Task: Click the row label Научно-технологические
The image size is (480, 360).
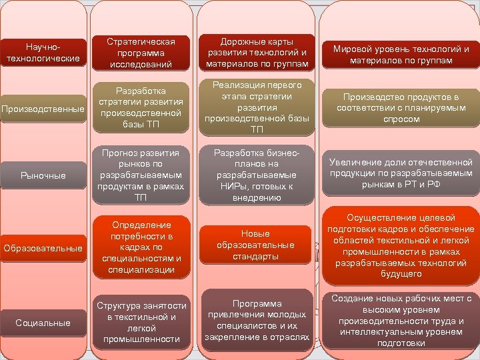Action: (43, 53)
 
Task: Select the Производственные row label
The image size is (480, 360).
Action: (43, 109)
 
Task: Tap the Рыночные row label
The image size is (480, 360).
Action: (43, 175)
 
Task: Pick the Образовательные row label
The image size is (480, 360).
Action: (43, 248)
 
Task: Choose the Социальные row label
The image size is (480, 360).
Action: (43, 323)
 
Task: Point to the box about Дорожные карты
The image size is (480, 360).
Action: (257, 53)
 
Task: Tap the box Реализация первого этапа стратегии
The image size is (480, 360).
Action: (257, 107)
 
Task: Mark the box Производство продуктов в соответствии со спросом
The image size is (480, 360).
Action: (401, 107)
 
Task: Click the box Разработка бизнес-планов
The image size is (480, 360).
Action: (257, 175)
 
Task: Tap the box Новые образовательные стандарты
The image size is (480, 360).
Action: (257, 245)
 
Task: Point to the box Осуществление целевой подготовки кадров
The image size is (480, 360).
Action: (401, 245)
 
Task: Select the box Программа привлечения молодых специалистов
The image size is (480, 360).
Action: (257, 319)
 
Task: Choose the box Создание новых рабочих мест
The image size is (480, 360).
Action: (401, 321)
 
